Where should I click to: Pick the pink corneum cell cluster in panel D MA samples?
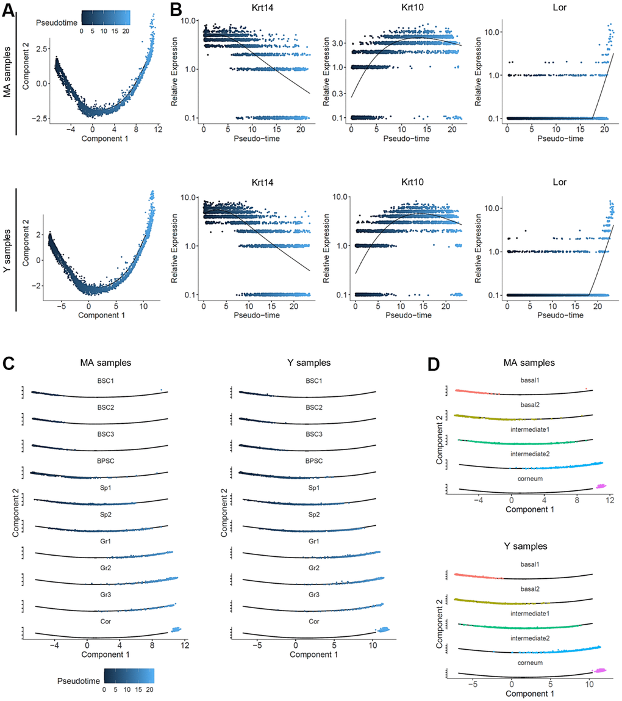coord(601,486)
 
